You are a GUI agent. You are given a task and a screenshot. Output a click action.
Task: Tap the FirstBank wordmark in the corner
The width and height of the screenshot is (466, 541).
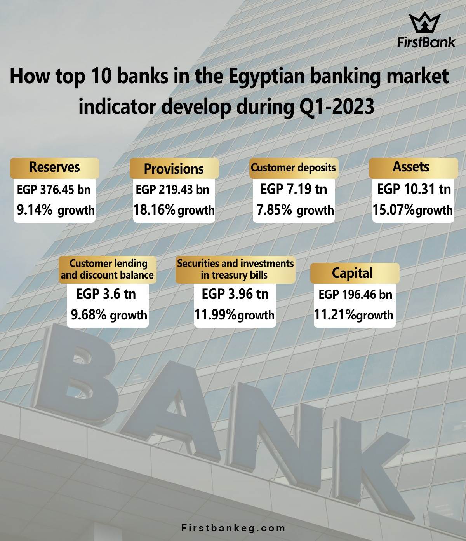click(x=426, y=42)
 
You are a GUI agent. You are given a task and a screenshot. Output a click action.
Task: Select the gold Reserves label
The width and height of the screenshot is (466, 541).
click(x=55, y=168)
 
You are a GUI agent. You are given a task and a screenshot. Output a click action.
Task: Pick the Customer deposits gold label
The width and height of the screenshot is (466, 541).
click(x=294, y=168)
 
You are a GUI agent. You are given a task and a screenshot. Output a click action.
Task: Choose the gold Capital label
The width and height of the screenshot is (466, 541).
click(x=355, y=273)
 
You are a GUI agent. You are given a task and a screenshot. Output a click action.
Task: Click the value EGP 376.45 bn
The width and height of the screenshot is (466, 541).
click(x=54, y=190)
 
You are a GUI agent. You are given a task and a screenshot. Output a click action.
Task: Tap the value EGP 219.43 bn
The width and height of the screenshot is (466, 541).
click(x=172, y=190)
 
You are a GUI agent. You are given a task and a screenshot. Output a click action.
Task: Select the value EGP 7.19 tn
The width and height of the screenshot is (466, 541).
click(x=294, y=189)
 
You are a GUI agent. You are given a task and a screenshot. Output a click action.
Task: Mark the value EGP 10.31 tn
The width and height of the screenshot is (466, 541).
click(x=414, y=189)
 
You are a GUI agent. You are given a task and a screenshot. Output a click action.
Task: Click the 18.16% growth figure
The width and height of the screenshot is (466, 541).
click(x=174, y=210)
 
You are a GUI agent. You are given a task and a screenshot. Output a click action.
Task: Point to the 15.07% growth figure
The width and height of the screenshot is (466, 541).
click(x=413, y=210)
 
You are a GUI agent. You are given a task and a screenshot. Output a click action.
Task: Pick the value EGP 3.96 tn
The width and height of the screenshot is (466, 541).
click(x=235, y=294)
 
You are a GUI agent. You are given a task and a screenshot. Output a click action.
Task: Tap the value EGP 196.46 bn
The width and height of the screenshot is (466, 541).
click(x=355, y=295)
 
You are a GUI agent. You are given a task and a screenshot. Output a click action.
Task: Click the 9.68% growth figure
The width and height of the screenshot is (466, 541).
click(x=109, y=315)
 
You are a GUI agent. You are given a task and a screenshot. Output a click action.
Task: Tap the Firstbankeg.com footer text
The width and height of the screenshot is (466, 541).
click(x=233, y=528)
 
